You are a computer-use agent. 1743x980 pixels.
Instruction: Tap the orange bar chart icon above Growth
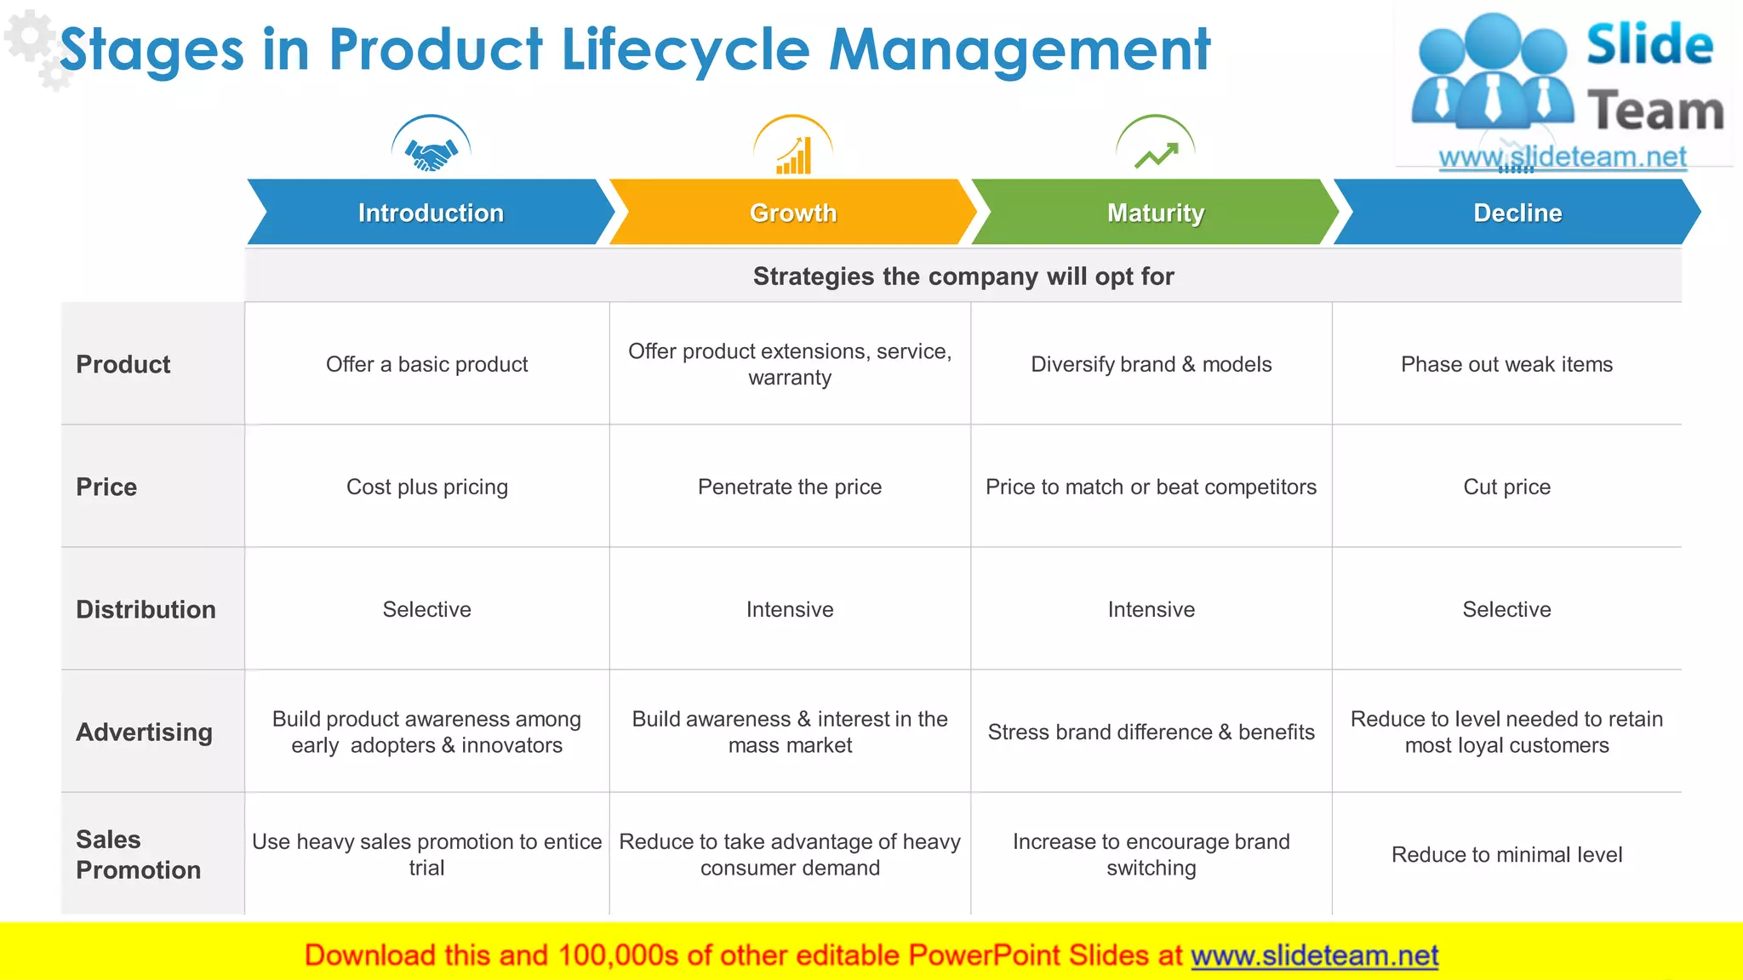(793, 157)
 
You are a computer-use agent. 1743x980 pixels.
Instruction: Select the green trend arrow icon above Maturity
(1156, 155)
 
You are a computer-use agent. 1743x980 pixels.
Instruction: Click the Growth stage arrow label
(793, 213)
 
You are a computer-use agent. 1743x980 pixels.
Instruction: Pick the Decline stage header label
(1517, 213)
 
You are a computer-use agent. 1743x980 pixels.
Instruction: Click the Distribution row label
(146, 609)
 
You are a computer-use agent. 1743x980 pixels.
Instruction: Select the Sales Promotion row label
(138, 854)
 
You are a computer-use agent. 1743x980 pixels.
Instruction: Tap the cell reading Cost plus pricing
(427, 487)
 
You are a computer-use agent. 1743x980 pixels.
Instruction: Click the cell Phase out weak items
(1506, 364)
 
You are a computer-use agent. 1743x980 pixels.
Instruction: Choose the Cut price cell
(1506, 487)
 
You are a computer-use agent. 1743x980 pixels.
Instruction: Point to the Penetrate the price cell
(790, 487)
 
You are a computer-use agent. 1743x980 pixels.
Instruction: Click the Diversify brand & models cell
(1151, 364)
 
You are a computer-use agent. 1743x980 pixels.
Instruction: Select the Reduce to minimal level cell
(1506, 854)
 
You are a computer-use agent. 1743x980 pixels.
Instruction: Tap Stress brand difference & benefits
(1151, 732)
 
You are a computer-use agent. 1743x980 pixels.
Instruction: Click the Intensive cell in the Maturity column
(1151, 609)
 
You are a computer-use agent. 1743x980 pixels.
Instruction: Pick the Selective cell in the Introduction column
(427, 609)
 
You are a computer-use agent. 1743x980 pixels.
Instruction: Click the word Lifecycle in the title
(685, 49)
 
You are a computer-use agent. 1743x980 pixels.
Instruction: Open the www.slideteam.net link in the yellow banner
(1314, 955)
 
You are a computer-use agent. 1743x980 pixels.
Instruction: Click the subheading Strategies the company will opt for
(963, 276)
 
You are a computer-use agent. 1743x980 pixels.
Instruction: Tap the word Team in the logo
(1655, 111)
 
